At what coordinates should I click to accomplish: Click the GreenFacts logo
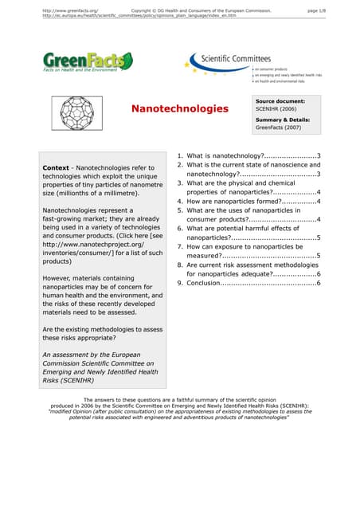tap(88, 61)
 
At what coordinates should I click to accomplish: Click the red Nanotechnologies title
tap(179, 108)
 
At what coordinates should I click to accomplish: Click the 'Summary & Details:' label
tap(283, 120)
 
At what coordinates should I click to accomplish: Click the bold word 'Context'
tap(59, 168)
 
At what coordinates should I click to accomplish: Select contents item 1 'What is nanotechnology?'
tap(247, 155)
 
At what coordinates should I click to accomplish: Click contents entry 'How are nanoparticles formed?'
tap(247, 202)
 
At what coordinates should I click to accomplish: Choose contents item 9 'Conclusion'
tap(247, 283)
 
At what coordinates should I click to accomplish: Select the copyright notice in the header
tap(200, 10)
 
